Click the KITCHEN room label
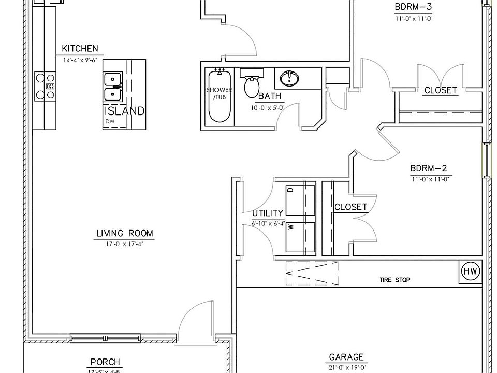(x=80, y=49)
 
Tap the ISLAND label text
(x=124, y=111)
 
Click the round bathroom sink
(x=289, y=79)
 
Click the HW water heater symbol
(x=470, y=271)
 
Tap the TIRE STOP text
(x=394, y=280)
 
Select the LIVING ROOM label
(x=125, y=234)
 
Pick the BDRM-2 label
(x=428, y=168)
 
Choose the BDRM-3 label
(x=413, y=7)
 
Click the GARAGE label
(x=346, y=357)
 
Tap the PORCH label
(x=105, y=362)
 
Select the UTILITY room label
(x=268, y=213)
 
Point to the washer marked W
(x=300, y=237)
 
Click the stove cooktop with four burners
(x=45, y=86)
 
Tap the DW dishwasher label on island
(x=110, y=122)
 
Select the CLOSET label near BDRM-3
(x=441, y=90)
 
